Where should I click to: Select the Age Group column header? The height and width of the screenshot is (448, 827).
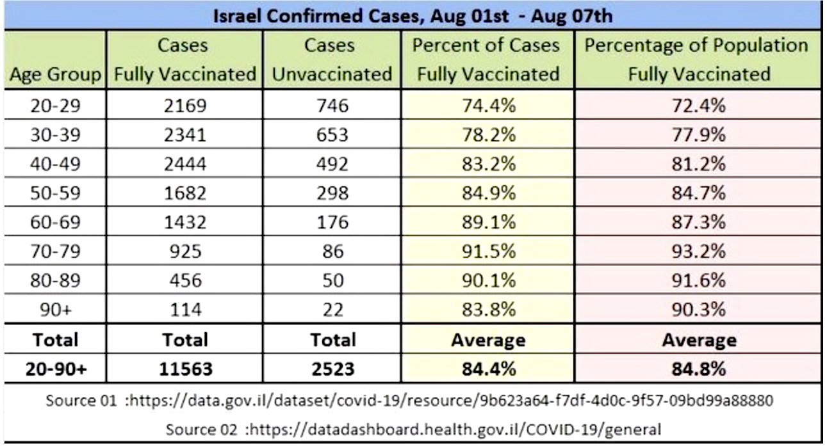click(54, 74)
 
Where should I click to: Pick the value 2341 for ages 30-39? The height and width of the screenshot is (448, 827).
click(184, 135)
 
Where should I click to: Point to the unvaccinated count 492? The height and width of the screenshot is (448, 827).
click(332, 164)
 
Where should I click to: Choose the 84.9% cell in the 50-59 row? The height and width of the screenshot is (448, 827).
click(489, 193)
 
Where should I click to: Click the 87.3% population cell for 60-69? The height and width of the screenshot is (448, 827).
click(698, 223)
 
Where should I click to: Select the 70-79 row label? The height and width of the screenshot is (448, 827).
click(54, 252)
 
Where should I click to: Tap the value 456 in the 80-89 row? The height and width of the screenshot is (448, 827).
click(184, 281)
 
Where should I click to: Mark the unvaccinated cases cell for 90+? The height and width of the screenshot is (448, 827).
click(332, 310)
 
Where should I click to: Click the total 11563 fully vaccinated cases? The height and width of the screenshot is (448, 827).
click(184, 369)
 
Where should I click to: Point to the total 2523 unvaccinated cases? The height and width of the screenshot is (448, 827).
click(332, 369)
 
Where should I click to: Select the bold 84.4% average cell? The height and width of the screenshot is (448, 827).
click(489, 369)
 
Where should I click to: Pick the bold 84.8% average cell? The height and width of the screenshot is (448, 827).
click(698, 369)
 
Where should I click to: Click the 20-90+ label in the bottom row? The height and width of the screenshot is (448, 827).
click(54, 369)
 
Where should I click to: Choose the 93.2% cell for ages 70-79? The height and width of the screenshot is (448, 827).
click(698, 252)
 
